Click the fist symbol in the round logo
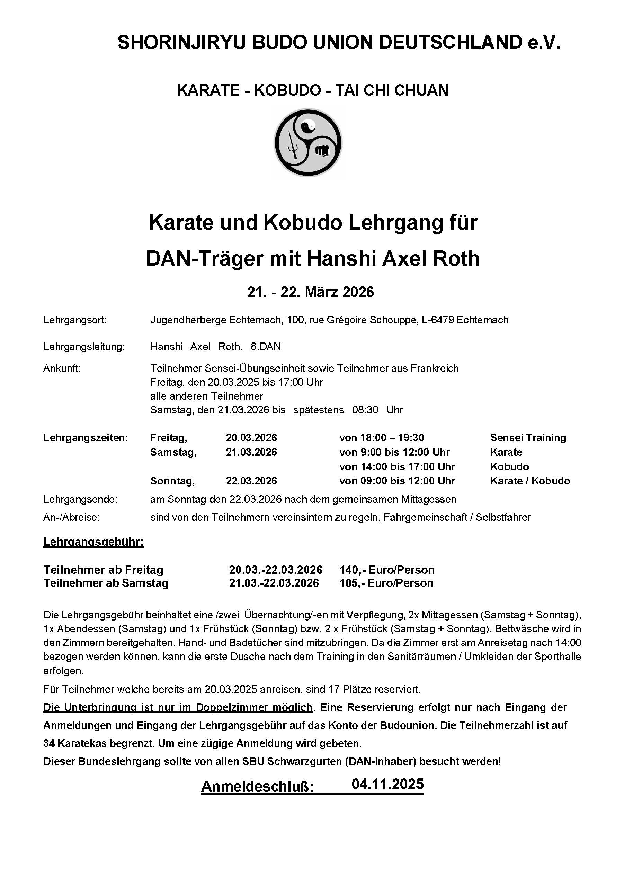click(322, 150)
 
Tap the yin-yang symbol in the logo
click(308, 125)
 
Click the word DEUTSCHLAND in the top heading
click(450, 42)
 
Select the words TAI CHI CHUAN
click(392, 90)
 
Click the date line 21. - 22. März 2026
click(311, 292)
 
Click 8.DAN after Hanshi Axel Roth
click(266, 347)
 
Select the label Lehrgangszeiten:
click(85, 438)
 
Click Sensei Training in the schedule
click(528, 438)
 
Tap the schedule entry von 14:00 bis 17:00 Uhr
click(397, 467)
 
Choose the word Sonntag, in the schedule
click(172, 481)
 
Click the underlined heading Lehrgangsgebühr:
click(93, 542)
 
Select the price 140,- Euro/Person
click(387, 570)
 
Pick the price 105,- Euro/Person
click(386, 583)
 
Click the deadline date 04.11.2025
click(387, 784)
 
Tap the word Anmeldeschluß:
click(257, 787)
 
